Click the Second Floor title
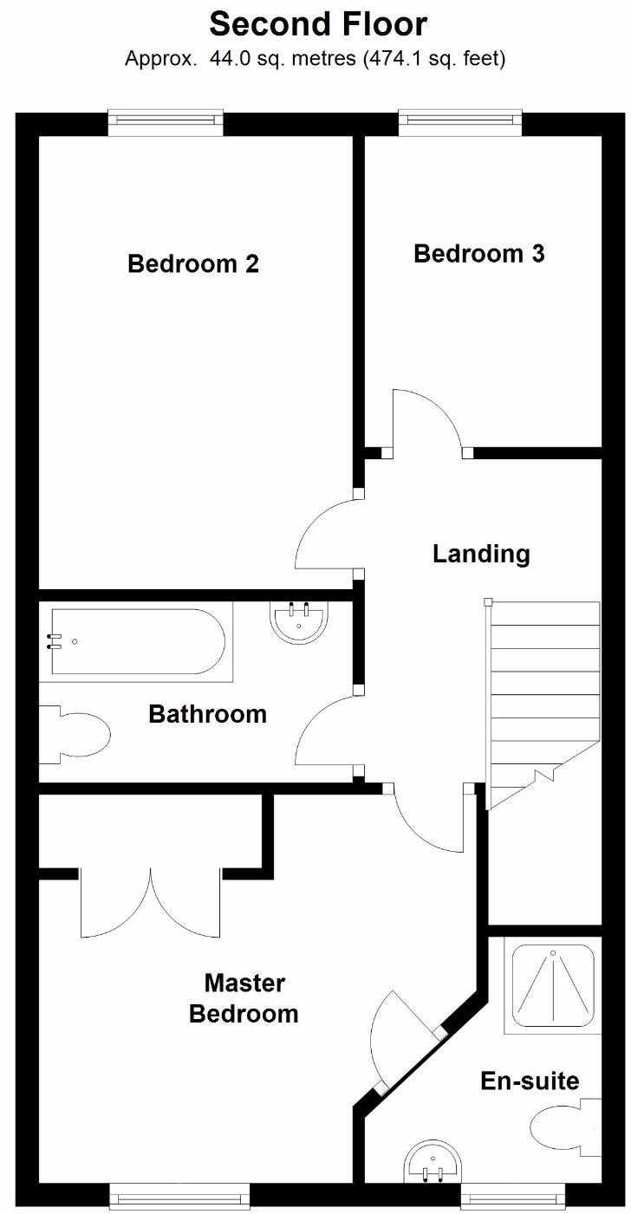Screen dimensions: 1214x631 318,24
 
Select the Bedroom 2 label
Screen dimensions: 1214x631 193,263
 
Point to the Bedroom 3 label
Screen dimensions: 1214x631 479,254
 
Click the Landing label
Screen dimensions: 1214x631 481,553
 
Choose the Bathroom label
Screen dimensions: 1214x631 207,714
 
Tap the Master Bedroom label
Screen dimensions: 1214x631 244,998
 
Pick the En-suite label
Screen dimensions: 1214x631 530,1081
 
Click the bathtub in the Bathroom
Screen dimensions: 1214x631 137,641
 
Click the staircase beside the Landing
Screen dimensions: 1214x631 542,693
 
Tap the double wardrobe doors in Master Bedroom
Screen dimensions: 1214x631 151,901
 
